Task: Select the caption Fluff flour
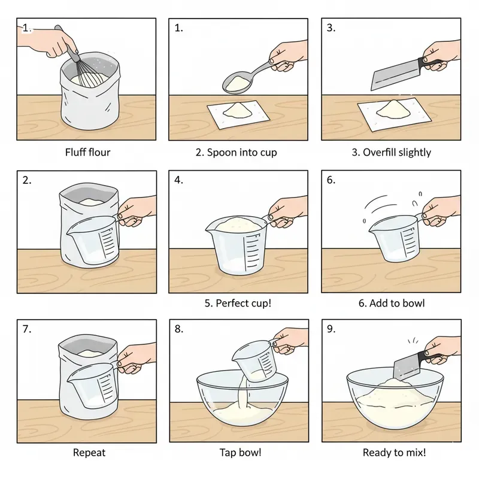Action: pyautogui.click(x=87, y=152)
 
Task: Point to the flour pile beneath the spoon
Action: pyautogui.click(x=236, y=111)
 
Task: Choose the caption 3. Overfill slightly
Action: pyautogui.click(x=391, y=152)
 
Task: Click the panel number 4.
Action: pyautogui.click(x=178, y=180)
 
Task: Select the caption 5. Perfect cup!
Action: pyautogui.click(x=238, y=303)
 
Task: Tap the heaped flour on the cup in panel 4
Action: pyautogui.click(x=236, y=224)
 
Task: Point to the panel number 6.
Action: pyautogui.click(x=331, y=180)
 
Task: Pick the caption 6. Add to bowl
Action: pyautogui.click(x=391, y=303)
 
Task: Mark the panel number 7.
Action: pyautogui.click(x=26, y=329)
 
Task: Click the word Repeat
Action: pyautogui.click(x=87, y=453)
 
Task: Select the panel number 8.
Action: pyautogui.click(x=178, y=329)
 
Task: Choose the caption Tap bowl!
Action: pyautogui.click(x=238, y=453)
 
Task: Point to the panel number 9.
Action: pyautogui.click(x=331, y=329)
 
